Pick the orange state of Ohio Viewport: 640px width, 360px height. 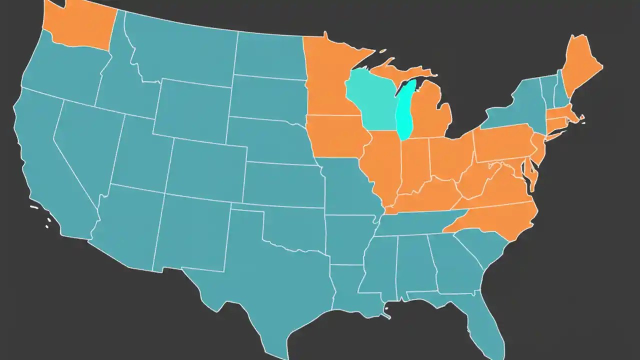click(x=450, y=157)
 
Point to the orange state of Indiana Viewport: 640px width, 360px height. click(x=414, y=165)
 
